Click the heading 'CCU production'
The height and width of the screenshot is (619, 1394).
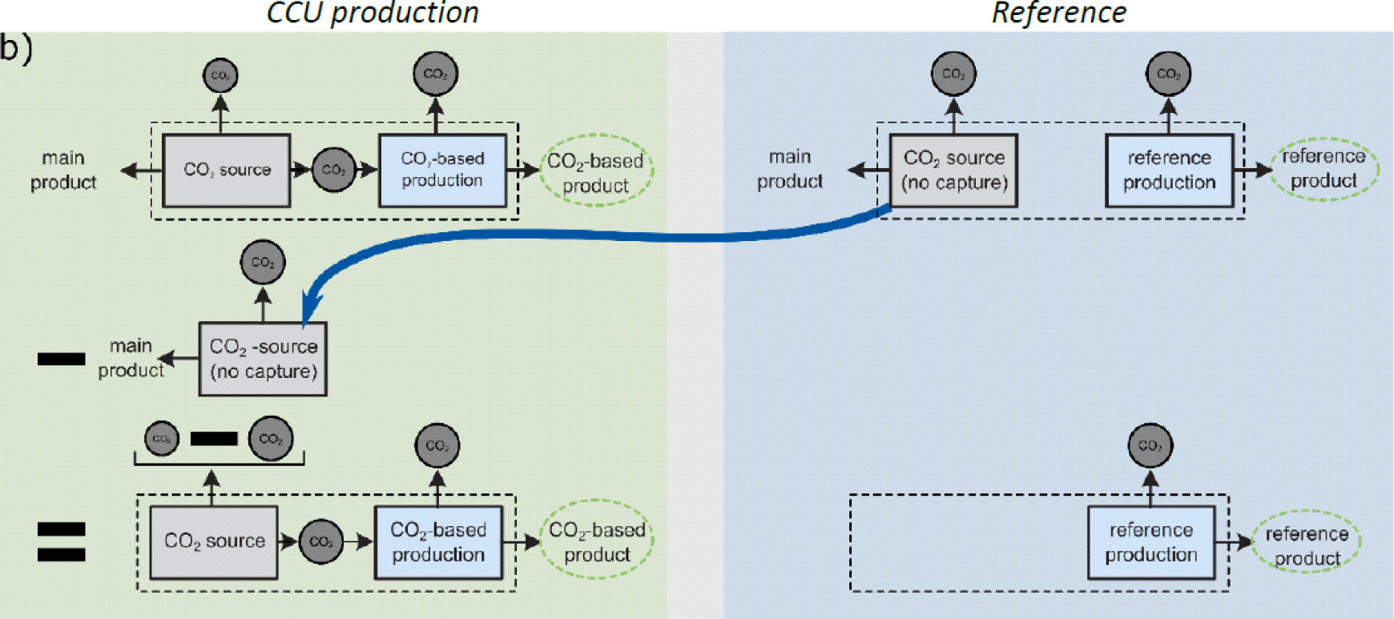373,13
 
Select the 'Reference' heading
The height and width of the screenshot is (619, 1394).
1058,13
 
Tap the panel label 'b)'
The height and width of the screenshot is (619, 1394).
16,48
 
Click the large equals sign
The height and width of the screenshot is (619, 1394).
61,542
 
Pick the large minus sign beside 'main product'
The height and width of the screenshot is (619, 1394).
61,359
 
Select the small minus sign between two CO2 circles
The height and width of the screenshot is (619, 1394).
214,439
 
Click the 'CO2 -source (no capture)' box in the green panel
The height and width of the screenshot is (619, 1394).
263,359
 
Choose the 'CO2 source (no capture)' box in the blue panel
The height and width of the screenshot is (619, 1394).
953,171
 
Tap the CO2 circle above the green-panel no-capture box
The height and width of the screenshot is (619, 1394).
263,262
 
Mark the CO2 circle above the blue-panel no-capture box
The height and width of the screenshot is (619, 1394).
953,74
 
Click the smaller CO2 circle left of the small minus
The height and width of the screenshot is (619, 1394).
162,439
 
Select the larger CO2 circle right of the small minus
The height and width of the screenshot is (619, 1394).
271,439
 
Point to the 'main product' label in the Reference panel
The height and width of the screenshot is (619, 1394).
790,169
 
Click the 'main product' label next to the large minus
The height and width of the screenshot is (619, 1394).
131,358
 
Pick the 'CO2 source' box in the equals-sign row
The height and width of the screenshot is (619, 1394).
214,542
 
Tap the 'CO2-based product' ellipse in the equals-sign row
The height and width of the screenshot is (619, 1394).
597,542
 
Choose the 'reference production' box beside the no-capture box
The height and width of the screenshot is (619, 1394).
1169,171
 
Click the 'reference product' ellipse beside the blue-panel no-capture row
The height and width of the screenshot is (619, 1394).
1323,168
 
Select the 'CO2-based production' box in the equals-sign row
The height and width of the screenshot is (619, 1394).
438,542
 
